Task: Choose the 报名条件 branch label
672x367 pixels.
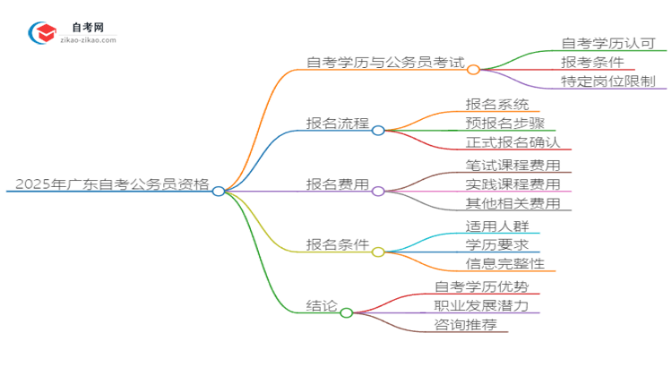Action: (337, 245)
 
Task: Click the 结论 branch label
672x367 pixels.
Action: (322, 306)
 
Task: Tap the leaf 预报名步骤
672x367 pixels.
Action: (505, 124)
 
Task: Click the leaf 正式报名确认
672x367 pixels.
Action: (513, 142)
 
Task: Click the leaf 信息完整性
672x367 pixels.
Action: (505, 263)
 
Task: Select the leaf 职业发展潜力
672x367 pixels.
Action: (487, 305)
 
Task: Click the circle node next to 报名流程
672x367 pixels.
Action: (378, 130)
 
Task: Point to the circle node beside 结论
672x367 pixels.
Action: (347, 312)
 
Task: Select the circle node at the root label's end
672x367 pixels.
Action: (219, 191)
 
